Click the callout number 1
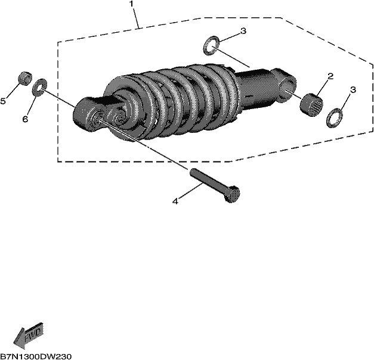(x=131, y=4)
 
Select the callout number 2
(x=330, y=76)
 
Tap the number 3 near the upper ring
(x=243, y=31)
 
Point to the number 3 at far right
(x=353, y=90)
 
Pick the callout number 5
(x=3, y=101)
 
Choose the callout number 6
(x=25, y=119)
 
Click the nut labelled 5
(x=25, y=77)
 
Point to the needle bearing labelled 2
(x=311, y=104)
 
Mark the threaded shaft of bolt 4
(x=208, y=178)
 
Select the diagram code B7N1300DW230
(x=36, y=356)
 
